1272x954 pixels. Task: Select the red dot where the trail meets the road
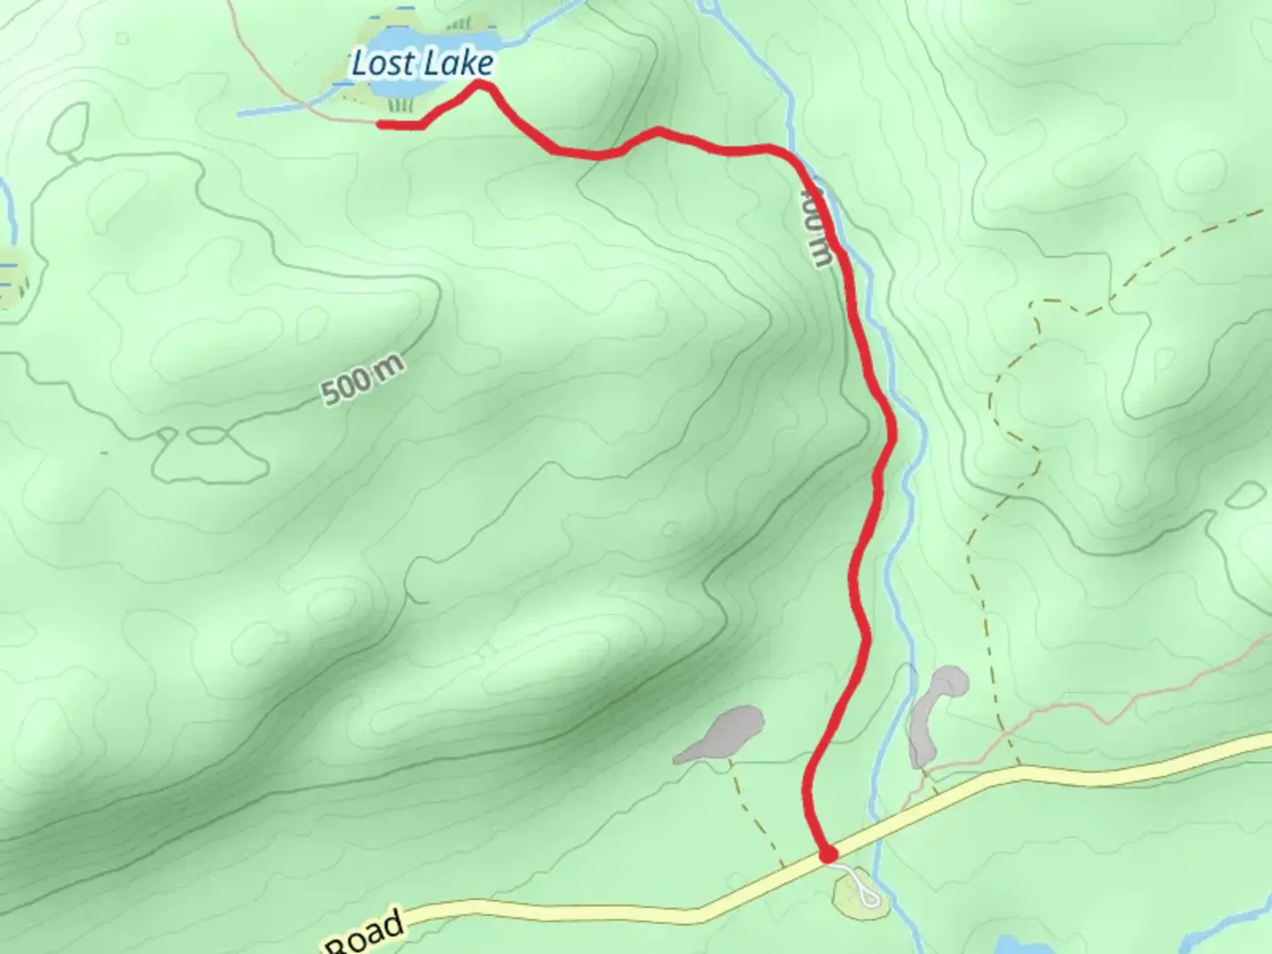(x=828, y=854)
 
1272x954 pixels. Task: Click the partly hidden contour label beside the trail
(x=817, y=225)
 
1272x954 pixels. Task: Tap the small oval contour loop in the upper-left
(x=69, y=128)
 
